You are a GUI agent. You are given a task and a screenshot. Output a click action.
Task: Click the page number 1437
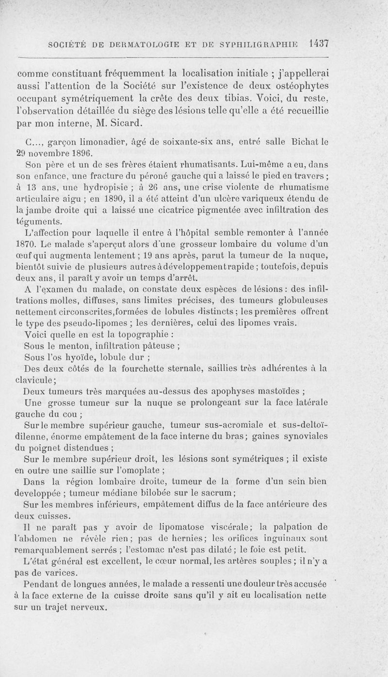(x=319, y=44)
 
